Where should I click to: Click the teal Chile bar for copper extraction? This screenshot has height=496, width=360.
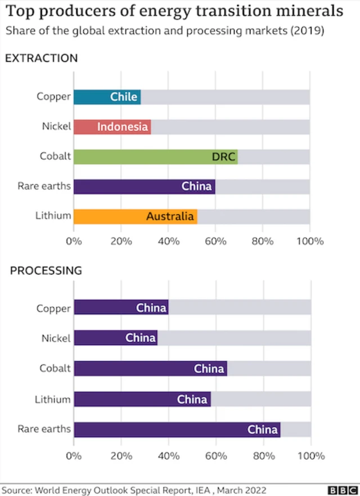107,97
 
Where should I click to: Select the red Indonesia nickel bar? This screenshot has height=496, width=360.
112,127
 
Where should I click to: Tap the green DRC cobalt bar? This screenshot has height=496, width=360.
155,157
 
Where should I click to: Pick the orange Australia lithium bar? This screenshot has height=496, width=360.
135,216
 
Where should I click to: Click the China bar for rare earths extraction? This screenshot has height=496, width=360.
144,186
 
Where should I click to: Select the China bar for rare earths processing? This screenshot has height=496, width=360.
177,430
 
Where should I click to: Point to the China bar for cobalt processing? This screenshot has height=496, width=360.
150,369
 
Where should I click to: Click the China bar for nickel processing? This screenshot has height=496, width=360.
115,338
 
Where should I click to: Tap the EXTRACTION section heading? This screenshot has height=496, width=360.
41,58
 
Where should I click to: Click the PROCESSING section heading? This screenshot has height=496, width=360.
46,270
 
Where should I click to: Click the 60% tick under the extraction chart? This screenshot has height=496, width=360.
215,242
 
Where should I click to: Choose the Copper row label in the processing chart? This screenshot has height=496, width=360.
54,309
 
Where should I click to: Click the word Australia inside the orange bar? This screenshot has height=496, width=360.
170,216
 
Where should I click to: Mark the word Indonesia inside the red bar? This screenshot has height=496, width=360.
122,127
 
